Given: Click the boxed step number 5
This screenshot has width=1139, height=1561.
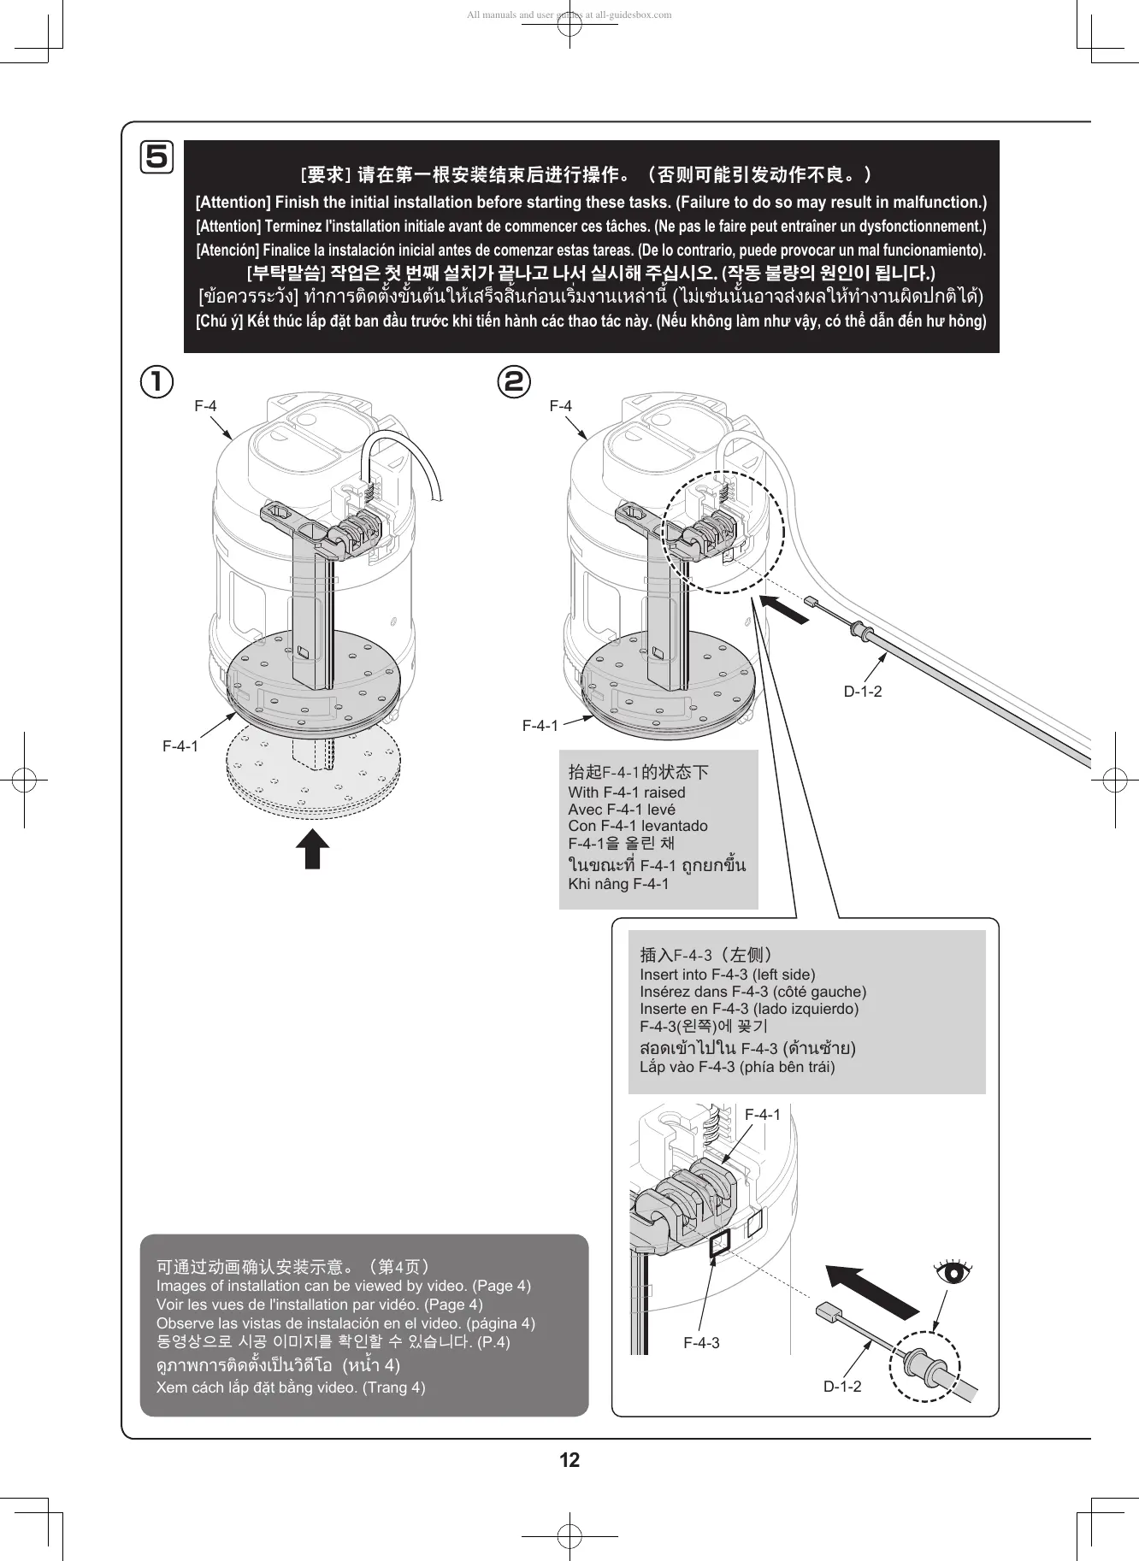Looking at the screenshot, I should click(x=157, y=157).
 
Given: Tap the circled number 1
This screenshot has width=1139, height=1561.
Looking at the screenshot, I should click(x=157, y=381).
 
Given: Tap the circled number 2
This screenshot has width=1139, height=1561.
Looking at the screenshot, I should click(x=514, y=381).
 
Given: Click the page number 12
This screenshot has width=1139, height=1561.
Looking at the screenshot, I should click(x=569, y=1459).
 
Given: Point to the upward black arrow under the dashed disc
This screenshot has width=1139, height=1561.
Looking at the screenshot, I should click(x=312, y=848).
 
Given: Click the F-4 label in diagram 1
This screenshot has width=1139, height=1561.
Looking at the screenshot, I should click(x=205, y=406).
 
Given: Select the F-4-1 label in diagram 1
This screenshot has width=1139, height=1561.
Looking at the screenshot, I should click(x=180, y=746).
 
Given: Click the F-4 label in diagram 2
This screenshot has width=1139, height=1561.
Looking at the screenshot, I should click(x=561, y=406).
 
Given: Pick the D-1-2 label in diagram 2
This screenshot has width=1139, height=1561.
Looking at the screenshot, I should click(x=863, y=692).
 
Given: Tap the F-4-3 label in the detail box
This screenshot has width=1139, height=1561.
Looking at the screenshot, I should click(x=701, y=1343).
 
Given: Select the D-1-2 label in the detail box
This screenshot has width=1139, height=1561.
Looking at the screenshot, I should click(x=842, y=1387).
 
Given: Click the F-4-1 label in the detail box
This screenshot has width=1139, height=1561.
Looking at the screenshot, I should click(x=763, y=1115).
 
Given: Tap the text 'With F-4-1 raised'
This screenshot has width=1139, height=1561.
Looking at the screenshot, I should click(x=627, y=792).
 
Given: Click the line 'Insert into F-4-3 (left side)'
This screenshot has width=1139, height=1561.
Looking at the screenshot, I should click(x=728, y=975).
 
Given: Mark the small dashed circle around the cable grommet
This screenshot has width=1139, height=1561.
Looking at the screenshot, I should click(x=924, y=1365).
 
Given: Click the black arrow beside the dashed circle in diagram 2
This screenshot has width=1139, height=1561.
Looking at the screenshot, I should click(x=784, y=609).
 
